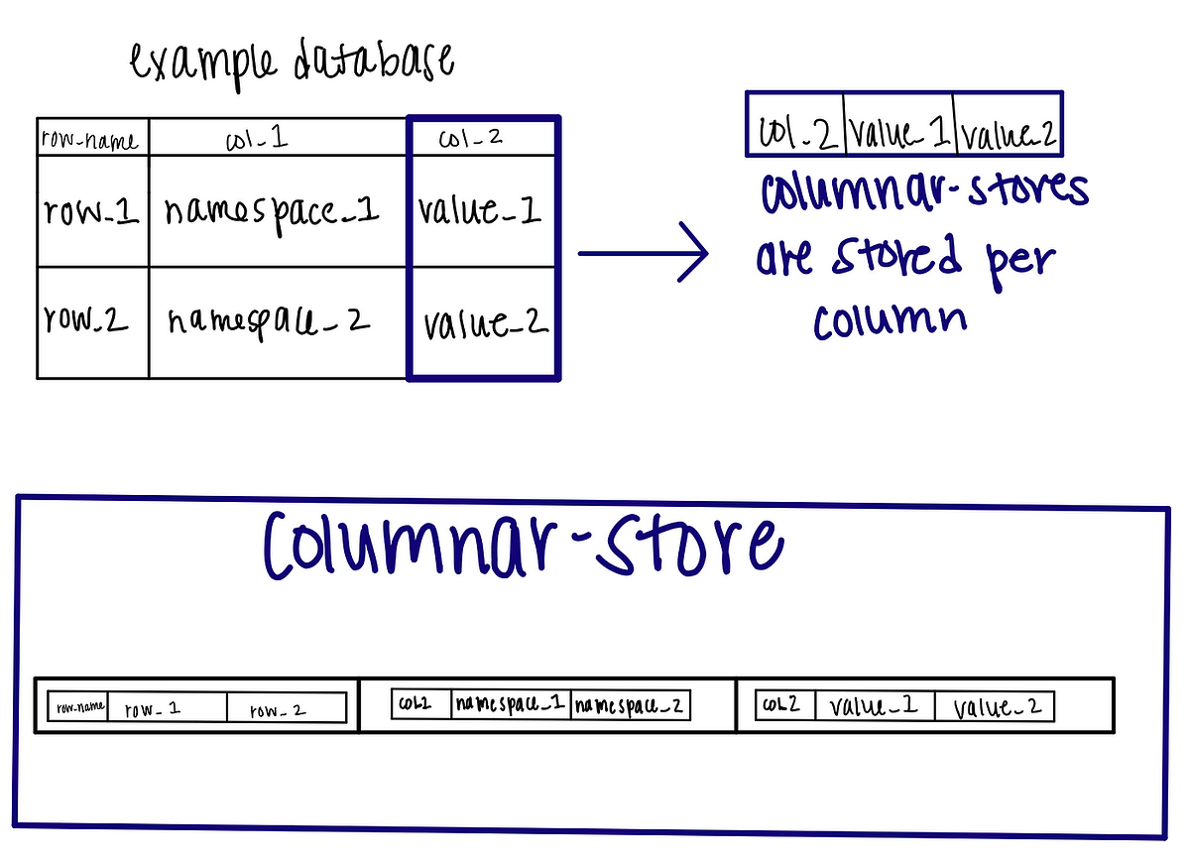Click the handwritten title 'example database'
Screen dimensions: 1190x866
(293, 64)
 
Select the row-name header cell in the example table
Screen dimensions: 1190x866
(91, 140)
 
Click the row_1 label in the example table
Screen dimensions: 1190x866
(91, 210)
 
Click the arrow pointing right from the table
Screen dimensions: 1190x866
(643, 254)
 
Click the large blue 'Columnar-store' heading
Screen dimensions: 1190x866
(523, 546)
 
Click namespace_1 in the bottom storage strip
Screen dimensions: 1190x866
(510, 705)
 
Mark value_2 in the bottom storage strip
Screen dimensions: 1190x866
(997, 707)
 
